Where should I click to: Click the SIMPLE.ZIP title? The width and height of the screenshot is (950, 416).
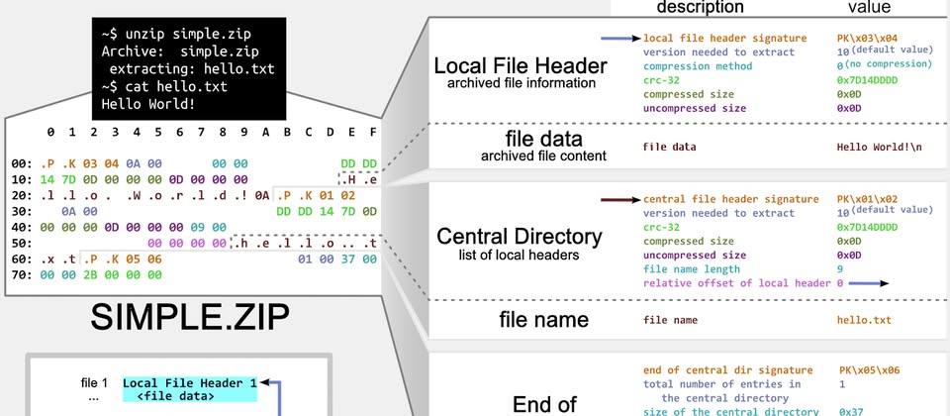point(190,316)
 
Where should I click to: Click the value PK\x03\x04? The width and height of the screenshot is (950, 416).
point(869,38)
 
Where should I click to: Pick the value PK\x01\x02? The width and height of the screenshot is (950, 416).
point(869,199)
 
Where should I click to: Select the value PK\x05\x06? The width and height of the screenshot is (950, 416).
point(869,370)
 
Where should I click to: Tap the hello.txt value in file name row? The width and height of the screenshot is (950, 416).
point(864,320)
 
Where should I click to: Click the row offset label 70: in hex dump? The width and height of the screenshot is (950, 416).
point(22,274)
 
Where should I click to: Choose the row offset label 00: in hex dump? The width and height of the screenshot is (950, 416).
point(22,162)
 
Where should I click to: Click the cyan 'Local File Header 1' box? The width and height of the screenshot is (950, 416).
point(190,381)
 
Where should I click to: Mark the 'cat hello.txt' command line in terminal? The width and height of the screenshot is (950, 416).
point(163,86)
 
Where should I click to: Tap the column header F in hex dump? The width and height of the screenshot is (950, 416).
point(373,132)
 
